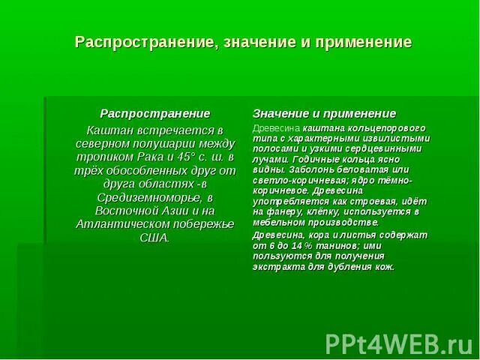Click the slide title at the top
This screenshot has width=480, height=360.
click(243, 42)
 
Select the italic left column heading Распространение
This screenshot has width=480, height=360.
click(155, 113)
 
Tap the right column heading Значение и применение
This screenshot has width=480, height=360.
click(324, 113)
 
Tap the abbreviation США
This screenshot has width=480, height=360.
click(155, 238)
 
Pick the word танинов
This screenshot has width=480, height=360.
click(332, 245)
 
